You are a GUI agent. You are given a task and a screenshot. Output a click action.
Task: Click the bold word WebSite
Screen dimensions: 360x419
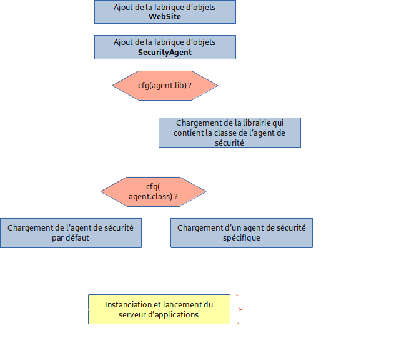click(x=165, y=17)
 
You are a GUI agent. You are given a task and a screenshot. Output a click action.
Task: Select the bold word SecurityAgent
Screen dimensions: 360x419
click(x=165, y=52)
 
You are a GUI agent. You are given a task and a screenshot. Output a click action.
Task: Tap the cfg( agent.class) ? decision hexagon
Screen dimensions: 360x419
click(x=154, y=191)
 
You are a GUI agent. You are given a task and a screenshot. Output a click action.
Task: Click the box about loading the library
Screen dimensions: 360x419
click(x=229, y=132)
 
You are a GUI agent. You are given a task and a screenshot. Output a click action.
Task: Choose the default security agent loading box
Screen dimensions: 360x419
click(x=71, y=232)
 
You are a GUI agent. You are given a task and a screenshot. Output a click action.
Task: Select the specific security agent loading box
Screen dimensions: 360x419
click(x=241, y=232)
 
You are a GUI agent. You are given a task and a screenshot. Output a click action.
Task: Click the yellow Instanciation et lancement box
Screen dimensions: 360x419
click(x=159, y=309)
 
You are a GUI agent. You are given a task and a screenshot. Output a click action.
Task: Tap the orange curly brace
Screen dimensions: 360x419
click(x=239, y=309)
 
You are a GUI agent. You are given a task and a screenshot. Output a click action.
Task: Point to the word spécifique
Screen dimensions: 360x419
click(x=242, y=238)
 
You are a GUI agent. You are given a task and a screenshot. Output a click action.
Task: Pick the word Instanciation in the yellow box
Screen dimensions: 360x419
click(x=128, y=305)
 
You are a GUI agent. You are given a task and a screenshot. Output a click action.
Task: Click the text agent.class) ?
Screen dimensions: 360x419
click(x=157, y=196)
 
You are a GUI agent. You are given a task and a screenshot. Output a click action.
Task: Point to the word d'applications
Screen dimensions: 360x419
click(x=174, y=315)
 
